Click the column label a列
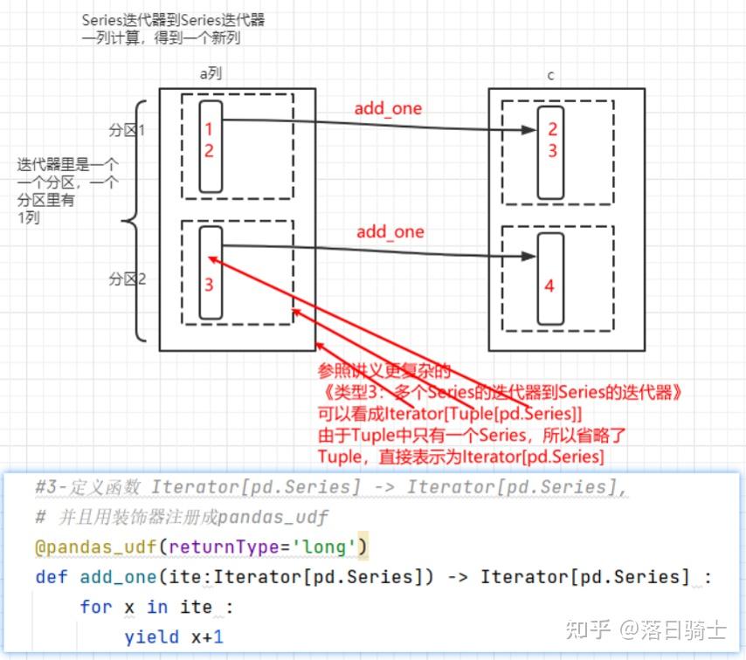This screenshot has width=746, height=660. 211,74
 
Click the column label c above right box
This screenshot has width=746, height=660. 550,75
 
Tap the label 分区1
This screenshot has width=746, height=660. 127,130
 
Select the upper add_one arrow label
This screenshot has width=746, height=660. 388,109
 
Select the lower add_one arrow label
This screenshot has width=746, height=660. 390,232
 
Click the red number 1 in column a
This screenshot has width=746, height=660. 209,129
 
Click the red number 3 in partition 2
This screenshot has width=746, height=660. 209,285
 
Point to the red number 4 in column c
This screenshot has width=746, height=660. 549,285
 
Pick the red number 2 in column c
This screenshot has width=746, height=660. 551,129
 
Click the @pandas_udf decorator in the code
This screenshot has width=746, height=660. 96,547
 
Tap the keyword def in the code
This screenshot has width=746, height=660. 52,577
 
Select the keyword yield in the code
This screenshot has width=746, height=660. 151,637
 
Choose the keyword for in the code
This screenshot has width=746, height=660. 95,607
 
